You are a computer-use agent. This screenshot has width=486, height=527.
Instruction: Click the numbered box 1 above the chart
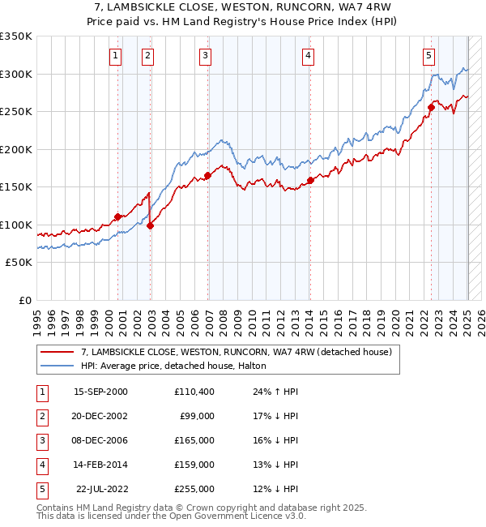pos(116,56)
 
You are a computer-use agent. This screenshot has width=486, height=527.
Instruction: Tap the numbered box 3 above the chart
pos(206,56)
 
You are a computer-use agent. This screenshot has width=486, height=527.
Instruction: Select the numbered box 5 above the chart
pos(428,56)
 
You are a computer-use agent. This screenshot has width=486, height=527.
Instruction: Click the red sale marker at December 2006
pos(208,175)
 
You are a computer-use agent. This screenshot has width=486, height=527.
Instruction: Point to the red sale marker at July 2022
pos(432,107)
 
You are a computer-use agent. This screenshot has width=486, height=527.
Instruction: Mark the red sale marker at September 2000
pos(118,216)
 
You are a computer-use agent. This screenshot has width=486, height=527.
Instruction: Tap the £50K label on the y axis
pos(19,263)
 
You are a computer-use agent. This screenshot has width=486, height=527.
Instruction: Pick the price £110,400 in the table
pos(194,392)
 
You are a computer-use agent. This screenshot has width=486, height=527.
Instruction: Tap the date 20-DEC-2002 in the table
pos(100,416)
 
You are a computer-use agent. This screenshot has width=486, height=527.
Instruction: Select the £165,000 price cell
pos(194,440)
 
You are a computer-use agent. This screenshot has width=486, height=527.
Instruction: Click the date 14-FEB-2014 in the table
pos(100,465)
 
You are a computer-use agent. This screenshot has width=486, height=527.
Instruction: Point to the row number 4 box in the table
pos(40,465)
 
